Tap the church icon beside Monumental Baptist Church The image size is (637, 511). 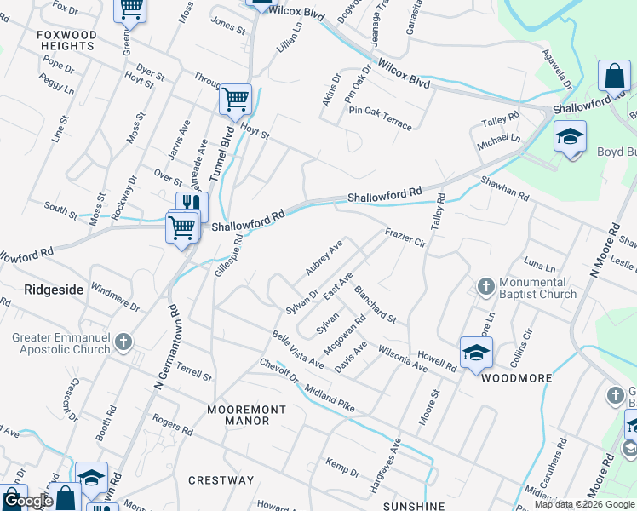coord(486,285)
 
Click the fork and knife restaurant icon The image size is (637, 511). coord(192,205)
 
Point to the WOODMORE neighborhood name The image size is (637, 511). coord(517,377)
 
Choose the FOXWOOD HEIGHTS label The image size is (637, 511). coord(66,40)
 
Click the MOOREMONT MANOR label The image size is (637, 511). coord(247,416)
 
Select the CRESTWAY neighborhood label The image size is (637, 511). coord(221,480)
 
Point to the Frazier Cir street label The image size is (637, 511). coord(405,237)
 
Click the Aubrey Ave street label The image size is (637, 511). coord(324,257)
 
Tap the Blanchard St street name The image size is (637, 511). coord(376,304)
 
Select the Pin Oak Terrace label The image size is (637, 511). coord(378,119)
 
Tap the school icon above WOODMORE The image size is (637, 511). coord(476,353)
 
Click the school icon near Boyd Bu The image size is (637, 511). coord(570,137)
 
